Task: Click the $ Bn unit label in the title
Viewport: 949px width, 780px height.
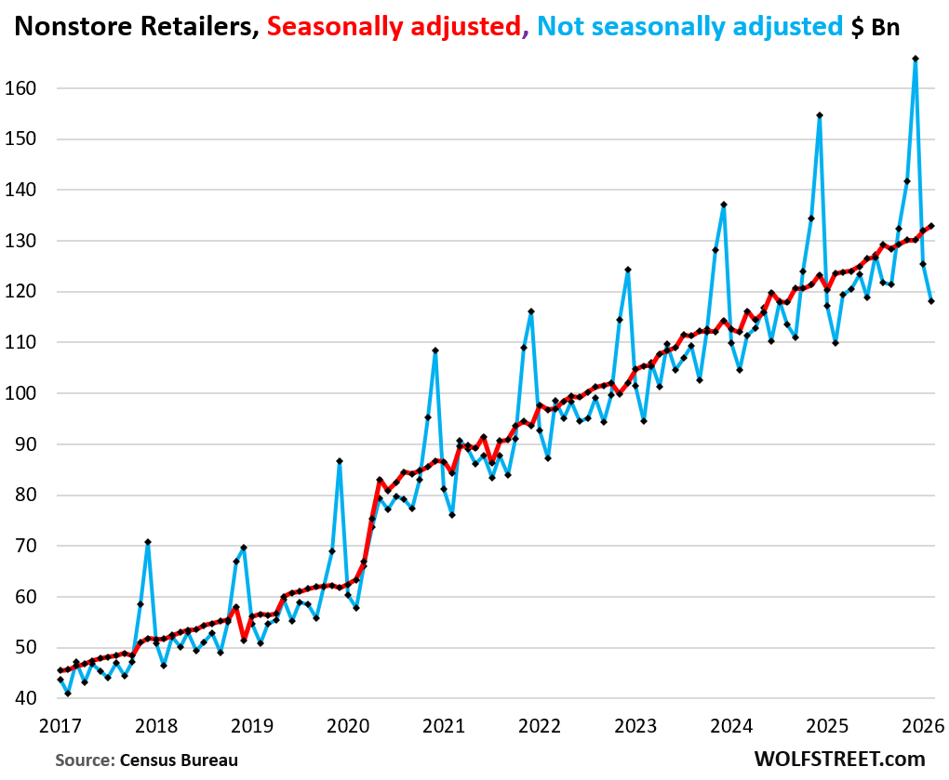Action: pyautogui.click(x=875, y=26)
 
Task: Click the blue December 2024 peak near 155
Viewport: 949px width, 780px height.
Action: pyautogui.click(x=819, y=115)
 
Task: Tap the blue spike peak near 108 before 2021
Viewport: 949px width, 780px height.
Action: pyautogui.click(x=435, y=350)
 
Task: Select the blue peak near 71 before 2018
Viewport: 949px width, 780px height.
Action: pyautogui.click(x=147, y=542)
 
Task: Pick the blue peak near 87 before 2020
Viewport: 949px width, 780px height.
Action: pyautogui.click(x=340, y=461)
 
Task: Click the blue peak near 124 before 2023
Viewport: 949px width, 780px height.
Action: pyautogui.click(x=628, y=270)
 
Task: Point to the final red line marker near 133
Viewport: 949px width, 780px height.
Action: pyautogui.click(x=931, y=225)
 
